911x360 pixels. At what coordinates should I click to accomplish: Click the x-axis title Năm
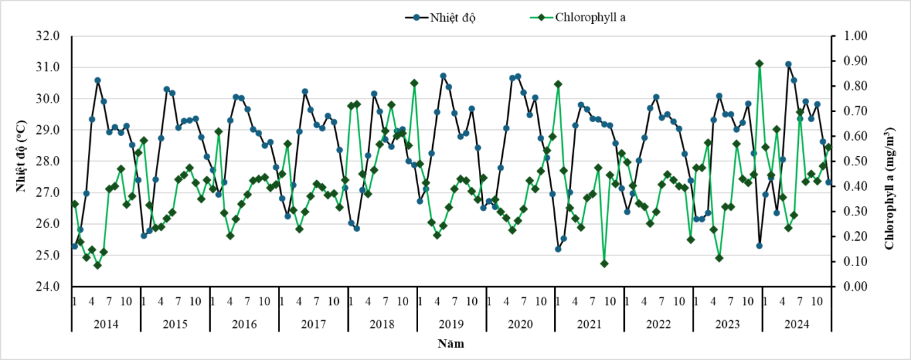[x=451, y=344]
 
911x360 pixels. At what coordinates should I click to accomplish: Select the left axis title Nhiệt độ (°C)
[x=21, y=161]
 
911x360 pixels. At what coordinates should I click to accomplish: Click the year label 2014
[x=106, y=324]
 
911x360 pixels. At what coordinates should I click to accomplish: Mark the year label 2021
[x=590, y=324]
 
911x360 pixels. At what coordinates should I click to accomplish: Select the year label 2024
[x=798, y=324]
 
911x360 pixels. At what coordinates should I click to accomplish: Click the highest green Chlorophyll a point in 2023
[x=759, y=63]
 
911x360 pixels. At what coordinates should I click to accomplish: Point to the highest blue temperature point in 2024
[x=788, y=65]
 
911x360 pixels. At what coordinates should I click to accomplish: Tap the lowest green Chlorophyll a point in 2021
[x=604, y=263]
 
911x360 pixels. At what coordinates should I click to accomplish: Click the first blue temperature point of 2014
[x=75, y=247]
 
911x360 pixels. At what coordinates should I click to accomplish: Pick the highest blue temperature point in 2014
[x=97, y=80]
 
